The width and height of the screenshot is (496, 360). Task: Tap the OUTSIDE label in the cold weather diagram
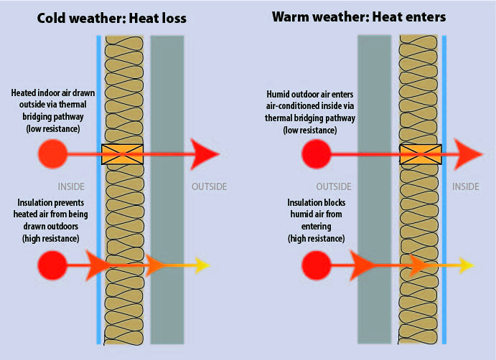209,187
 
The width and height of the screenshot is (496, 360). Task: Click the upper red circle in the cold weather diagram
52,153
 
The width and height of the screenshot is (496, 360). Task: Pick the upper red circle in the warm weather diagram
317,153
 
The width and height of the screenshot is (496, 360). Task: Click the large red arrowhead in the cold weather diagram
206,153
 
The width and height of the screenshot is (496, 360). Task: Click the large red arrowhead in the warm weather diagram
471,153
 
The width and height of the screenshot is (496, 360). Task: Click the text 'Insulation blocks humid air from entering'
316,219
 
